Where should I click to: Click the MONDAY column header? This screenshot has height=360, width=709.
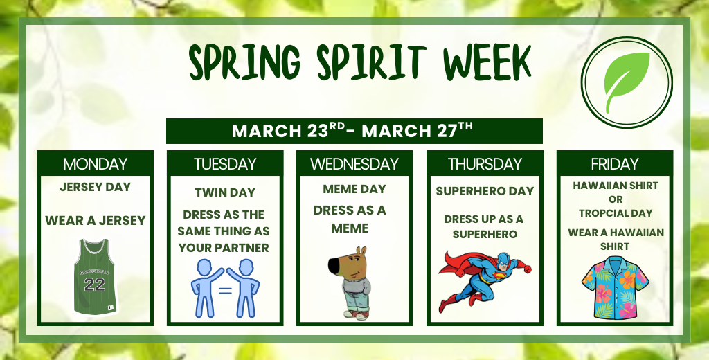tap(95, 164)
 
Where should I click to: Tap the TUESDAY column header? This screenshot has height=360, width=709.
tap(225, 164)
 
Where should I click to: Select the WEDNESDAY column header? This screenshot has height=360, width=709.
tap(354, 164)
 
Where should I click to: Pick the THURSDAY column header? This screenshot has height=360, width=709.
tap(485, 164)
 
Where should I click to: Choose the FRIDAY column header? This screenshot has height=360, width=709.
tap(615, 164)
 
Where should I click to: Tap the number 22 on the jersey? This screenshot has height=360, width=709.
tap(95, 285)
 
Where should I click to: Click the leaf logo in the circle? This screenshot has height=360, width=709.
tap(627, 82)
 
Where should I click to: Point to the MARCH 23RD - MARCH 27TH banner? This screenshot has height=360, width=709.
tap(353, 130)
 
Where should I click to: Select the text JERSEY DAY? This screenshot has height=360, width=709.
tap(95, 187)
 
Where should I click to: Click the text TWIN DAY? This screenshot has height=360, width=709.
tap(225, 192)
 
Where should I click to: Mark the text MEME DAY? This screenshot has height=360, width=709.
tap(354, 189)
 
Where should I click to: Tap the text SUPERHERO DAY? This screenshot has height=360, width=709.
tap(485, 191)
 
